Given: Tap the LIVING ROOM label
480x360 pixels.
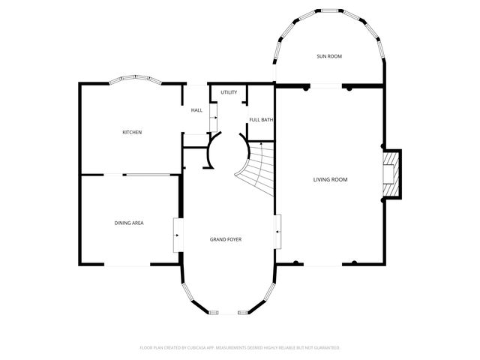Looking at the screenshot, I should pyautogui.click(x=330, y=179).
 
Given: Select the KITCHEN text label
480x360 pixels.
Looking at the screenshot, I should pyautogui.click(x=132, y=133).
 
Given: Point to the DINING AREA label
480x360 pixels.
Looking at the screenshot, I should pyautogui.click(x=129, y=223).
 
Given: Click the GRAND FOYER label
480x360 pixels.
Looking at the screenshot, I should pyautogui.click(x=225, y=239).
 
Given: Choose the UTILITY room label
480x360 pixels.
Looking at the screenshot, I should pyautogui.click(x=229, y=92).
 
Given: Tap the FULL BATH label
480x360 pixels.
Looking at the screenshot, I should pyautogui.click(x=261, y=120).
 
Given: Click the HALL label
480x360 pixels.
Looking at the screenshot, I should pyautogui.click(x=196, y=110).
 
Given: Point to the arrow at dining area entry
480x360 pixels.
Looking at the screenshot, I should pyautogui.click(x=177, y=234).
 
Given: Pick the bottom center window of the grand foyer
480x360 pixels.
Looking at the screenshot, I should pyautogui.click(x=225, y=312).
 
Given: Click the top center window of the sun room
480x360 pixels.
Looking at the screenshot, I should pyautogui.click(x=330, y=11).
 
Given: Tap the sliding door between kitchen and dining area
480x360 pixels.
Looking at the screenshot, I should pyautogui.click(x=151, y=175).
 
